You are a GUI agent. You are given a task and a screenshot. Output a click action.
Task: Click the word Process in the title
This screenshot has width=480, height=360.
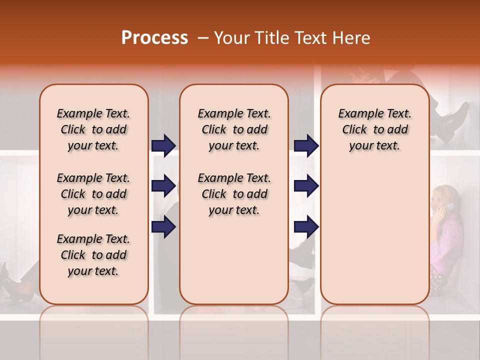pyautogui.click(x=154, y=38)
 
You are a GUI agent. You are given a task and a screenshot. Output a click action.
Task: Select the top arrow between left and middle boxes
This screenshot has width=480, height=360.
pyautogui.click(x=163, y=145)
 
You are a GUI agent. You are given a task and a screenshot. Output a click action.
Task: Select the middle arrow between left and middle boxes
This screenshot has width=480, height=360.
pyautogui.click(x=163, y=186)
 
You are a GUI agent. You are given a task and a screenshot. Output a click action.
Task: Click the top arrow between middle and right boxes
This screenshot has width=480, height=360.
pyautogui.click(x=306, y=145)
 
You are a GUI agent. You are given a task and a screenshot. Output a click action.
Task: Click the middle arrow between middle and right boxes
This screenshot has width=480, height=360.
pyautogui.click(x=306, y=186)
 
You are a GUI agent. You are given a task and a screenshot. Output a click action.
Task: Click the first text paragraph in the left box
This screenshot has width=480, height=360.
pyautogui.click(x=93, y=129)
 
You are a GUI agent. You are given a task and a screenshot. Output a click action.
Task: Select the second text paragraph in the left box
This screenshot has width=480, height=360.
pyautogui.click(x=93, y=194)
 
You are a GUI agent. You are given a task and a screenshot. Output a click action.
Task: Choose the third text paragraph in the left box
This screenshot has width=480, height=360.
pyautogui.click(x=93, y=255)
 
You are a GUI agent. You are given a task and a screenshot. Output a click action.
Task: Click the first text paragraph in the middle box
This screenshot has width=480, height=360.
pyautogui.click(x=234, y=129)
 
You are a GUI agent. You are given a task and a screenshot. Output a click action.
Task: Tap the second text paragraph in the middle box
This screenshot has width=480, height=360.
pyautogui.click(x=234, y=194)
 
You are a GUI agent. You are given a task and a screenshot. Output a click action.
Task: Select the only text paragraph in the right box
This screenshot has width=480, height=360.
pyautogui.click(x=374, y=129)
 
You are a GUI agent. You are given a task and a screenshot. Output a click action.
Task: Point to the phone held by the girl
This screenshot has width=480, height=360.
pyautogui.click(x=448, y=207)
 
